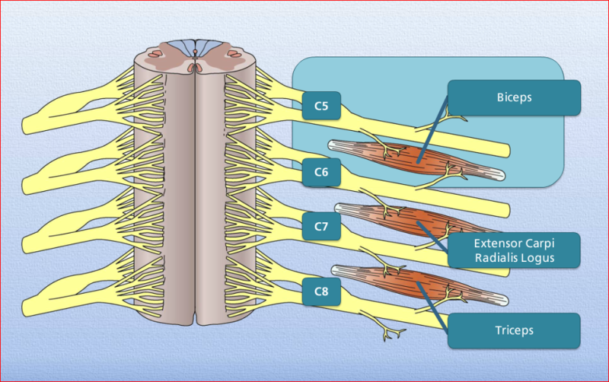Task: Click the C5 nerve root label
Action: (321, 106)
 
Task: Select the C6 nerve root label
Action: (321, 172)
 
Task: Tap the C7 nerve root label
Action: (321, 226)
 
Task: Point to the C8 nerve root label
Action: (321, 291)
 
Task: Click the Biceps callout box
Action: (515, 98)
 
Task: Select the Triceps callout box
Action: (515, 331)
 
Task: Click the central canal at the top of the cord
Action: (196, 56)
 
